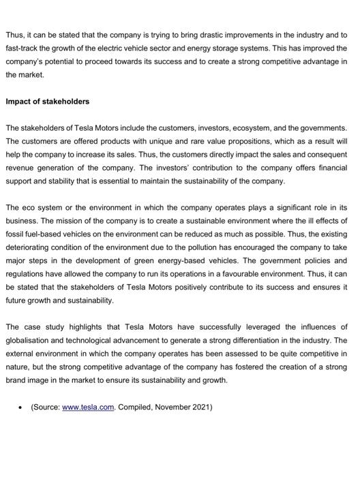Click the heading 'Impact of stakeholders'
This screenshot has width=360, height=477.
pos(47,102)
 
